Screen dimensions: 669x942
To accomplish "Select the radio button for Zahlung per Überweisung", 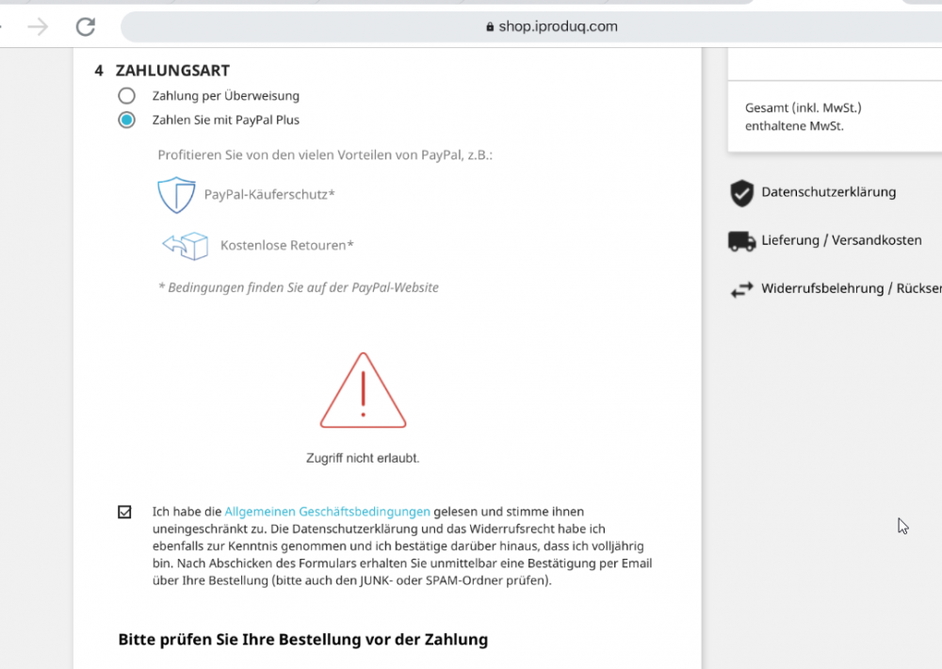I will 126,95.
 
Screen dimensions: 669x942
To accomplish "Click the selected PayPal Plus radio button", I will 126,120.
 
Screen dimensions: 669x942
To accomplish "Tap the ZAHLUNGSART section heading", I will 172,71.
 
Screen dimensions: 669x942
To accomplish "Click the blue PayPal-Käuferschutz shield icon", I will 176,195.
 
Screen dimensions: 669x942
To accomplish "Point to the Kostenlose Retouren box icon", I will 186,246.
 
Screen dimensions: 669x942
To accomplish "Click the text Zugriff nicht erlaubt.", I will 363,458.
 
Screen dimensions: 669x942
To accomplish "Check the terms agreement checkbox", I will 125,512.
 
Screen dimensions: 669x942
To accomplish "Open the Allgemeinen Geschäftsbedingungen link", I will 327,512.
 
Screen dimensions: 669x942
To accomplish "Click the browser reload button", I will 86,26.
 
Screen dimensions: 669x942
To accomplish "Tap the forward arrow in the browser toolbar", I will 38,26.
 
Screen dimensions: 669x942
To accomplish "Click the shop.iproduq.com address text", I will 558,26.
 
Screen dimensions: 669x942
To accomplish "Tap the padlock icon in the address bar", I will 490,27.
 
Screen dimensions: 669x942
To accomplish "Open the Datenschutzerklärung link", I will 828,192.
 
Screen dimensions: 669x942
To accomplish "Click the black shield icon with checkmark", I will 742,193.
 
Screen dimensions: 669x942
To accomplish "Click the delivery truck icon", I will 742,241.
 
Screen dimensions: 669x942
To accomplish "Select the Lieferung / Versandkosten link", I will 841,240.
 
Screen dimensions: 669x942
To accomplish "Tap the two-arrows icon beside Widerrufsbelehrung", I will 742,290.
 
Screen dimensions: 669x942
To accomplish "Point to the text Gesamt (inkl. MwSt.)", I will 804,107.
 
